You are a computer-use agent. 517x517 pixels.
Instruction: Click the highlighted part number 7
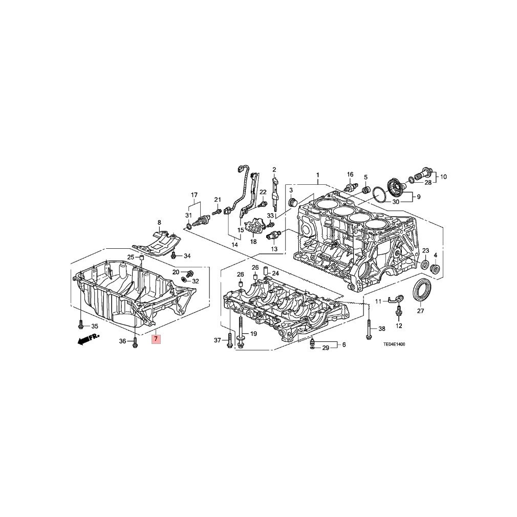pos(156,339)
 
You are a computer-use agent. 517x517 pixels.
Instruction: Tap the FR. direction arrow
pos(89,339)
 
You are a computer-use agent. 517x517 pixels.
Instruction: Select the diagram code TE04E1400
pos(394,344)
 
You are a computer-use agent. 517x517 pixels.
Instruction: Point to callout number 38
pos(381,329)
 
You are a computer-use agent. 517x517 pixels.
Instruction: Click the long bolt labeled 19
pos(240,333)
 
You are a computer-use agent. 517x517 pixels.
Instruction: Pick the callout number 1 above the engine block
pos(318,175)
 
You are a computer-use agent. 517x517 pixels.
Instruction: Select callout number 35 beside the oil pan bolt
pos(94,327)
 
